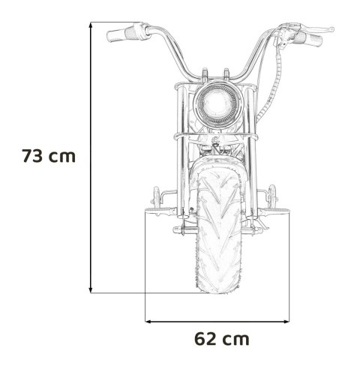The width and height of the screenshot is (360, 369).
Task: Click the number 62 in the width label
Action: (205, 338)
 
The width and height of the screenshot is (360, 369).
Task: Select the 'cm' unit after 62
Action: (236, 338)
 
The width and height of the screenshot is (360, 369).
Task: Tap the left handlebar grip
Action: (121, 34)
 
